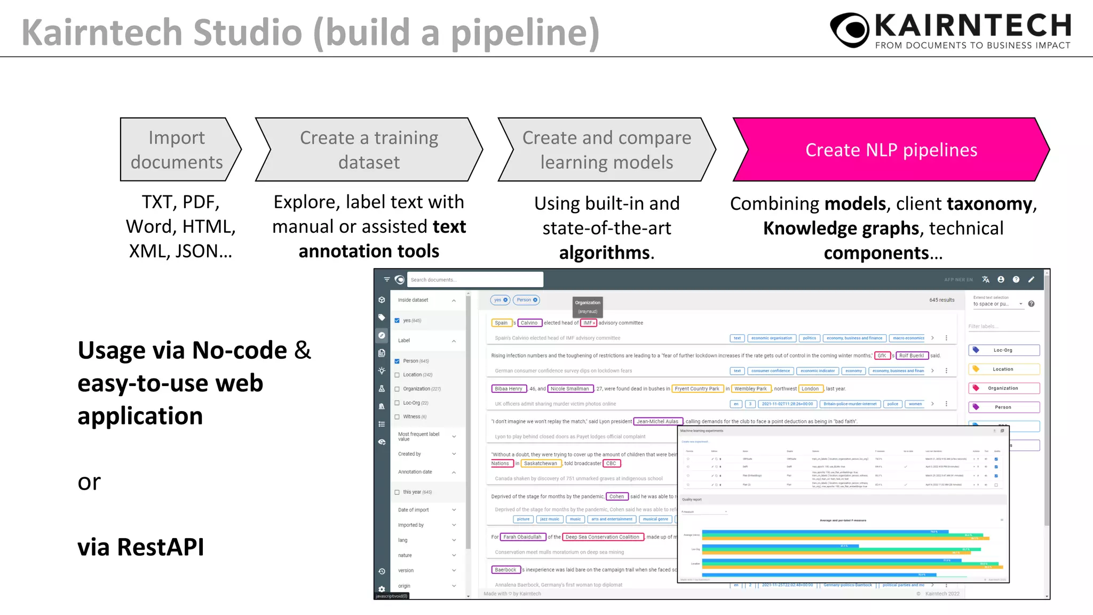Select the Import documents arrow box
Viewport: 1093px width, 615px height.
[177, 150]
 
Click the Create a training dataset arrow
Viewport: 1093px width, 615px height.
[369, 150]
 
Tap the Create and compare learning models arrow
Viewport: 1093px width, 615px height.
[606, 150]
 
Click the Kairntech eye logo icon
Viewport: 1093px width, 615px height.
[850, 30]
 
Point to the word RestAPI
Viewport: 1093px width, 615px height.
[160, 547]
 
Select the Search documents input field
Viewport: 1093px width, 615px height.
[474, 280]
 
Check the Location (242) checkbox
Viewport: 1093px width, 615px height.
[397, 375]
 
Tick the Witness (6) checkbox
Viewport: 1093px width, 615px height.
[397, 417]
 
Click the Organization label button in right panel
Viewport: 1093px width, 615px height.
[1003, 388]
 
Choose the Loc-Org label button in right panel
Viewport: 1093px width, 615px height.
[1003, 350]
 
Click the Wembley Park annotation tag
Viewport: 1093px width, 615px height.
[750, 389]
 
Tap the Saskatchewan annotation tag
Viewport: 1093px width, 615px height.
[540, 463]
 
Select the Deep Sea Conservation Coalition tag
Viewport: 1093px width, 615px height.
[603, 537]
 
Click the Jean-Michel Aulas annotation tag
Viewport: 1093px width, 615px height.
[658, 422]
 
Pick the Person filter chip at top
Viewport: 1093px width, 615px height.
[526, 300]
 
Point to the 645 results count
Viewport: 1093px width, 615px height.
[941, 300]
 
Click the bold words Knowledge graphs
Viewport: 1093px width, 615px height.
[841, 228]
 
